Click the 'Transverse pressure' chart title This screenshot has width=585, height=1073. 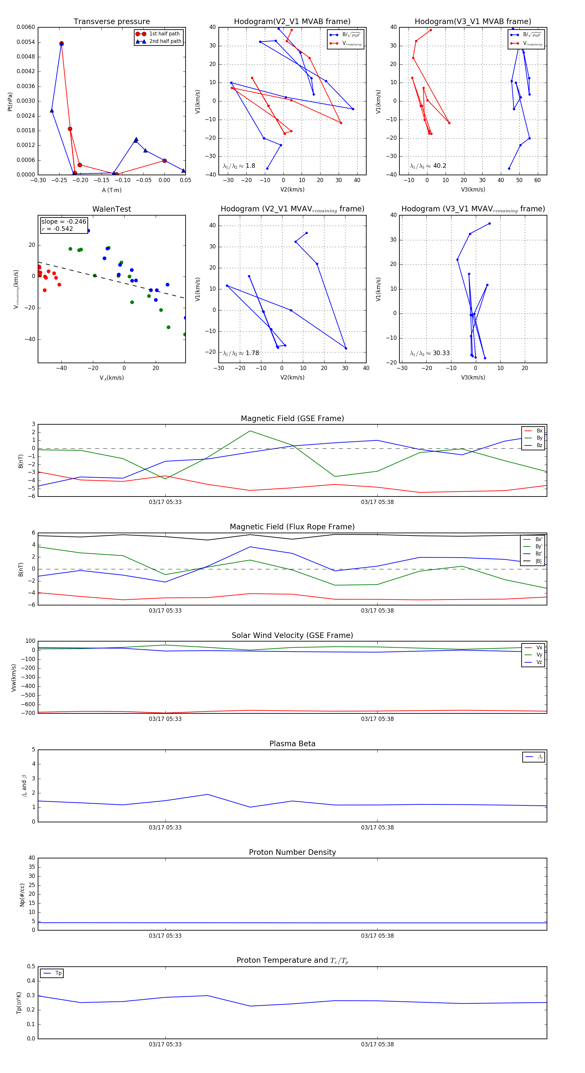pos(111,22)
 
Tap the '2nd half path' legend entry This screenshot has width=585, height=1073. pos(165,41)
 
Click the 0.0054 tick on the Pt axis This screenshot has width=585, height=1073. pos(26,42)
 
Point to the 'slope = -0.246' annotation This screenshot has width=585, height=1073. pos(64,222)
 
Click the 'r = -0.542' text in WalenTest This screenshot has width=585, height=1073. pos(58,229)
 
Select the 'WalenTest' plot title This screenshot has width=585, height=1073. pos(111,209)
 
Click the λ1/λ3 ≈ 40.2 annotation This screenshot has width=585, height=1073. pos(428,166)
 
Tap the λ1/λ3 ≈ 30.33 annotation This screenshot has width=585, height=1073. pos(430,353)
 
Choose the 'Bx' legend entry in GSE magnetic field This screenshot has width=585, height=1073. pos(539,431)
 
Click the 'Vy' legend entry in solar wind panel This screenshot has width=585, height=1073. pos(539,655)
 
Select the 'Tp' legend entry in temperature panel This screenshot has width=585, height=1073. pos(58,973)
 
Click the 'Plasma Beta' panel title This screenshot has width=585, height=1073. pos(292,744)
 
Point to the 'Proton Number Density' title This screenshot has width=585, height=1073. pos(292,852)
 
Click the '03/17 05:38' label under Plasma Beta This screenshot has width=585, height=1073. pos(377,827)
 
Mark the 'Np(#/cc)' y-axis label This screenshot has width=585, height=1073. pos(22,895)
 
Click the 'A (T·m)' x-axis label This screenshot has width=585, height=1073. pos(111,190)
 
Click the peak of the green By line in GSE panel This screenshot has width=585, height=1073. pos(250,431)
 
